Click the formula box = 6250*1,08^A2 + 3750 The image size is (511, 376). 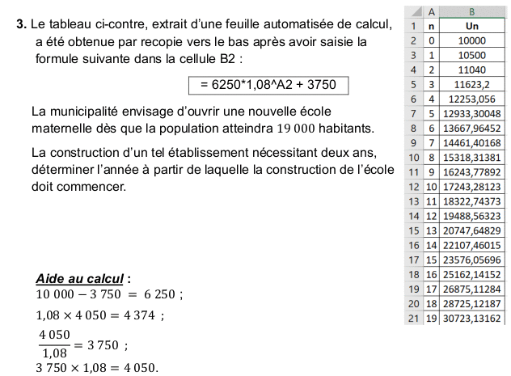point(262,85)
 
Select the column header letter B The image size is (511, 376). point(471,11)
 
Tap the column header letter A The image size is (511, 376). point(430,11)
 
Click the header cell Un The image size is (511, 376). point(471,25)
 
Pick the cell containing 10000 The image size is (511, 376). point(471,40)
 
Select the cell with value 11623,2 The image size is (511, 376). point(471,84)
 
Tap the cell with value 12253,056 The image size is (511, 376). point(471,99)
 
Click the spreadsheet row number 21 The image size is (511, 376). point(413,318)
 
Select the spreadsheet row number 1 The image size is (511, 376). point(413,25)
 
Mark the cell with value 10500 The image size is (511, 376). point(471,55)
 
